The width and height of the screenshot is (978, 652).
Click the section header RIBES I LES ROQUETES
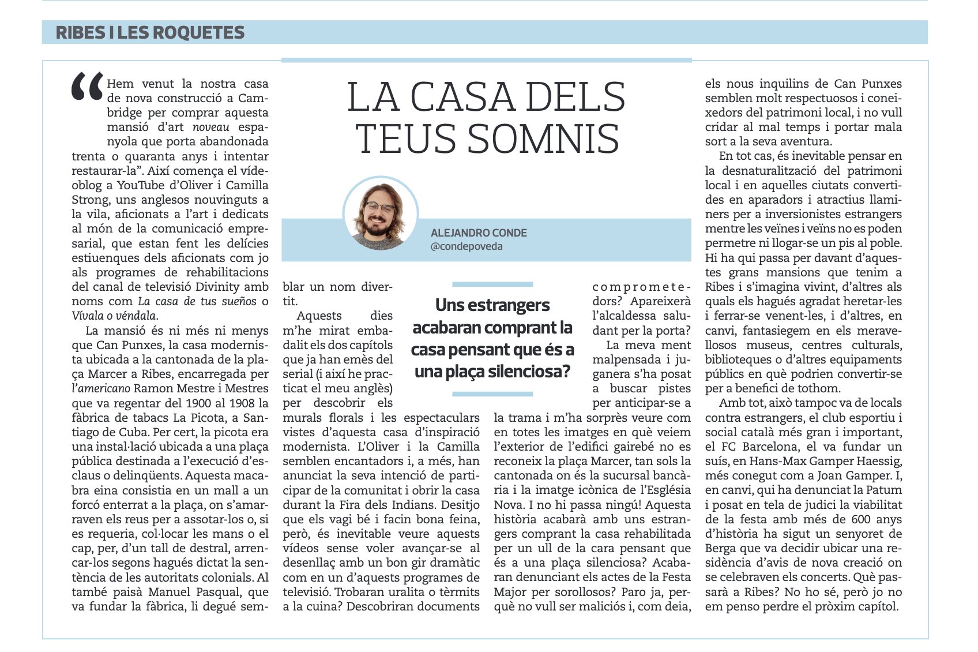pyautogui.click(x=150, y=32)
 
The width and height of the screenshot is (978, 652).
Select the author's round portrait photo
pyautogui.click(x=381, y=214)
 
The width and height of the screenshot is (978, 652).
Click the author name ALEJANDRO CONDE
pyautogui.click(x=479, y=233)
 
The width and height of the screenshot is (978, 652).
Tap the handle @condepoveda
pyautogui.click(x=467, y=246)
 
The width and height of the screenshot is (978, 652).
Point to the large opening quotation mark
pyautogui.click(x=87, y=88)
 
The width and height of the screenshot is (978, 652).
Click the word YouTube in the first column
pyautogui.click(x=141, y=185)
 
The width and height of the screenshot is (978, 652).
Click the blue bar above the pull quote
pyautogui.click(x=492, y=284)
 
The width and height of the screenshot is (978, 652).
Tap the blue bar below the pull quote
pyautogui.click(x=492, y=394)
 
